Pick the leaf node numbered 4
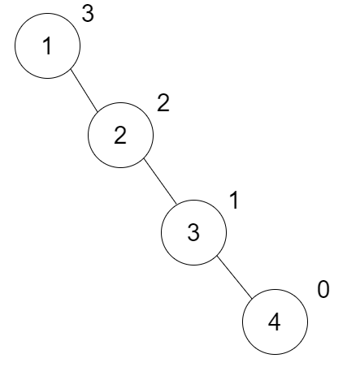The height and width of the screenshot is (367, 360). (275, 322)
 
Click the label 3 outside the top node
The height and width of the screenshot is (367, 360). (88, 14)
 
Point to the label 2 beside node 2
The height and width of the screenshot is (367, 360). (163, 103)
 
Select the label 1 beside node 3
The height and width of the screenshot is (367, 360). (234, 201)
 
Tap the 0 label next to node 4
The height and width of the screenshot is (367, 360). (323, 290)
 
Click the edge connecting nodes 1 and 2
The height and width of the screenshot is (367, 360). (84, 90)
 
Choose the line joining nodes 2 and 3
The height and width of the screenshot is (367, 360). (160, 181)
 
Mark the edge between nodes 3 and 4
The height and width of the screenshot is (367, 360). (235, 278)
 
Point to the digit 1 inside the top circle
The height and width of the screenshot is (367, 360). (47, 46)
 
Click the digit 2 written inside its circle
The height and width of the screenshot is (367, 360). (120, 136)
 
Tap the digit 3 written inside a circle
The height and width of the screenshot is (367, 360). (193, 233)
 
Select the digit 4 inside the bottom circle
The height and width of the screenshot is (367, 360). (274, 322)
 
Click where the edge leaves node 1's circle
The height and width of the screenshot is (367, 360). (71, 69)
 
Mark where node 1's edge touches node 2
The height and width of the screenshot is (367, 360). (98, 112)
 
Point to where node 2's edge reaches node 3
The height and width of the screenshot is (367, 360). (176, 203)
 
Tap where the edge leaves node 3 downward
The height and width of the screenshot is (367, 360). (218, 256)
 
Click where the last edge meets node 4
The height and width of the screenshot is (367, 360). (252, 299)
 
